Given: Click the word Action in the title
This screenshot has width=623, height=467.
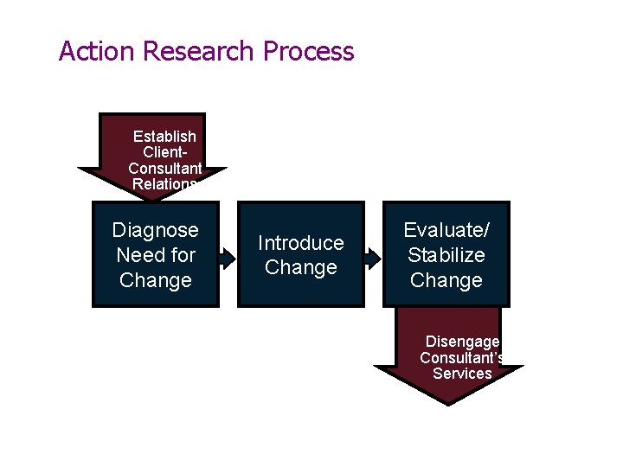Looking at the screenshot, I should pos(97,51).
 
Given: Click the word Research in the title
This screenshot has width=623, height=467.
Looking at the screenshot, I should pos(198,51).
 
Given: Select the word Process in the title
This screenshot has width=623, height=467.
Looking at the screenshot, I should pos(308,51).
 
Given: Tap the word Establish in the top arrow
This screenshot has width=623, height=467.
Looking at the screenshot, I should pos(164,137).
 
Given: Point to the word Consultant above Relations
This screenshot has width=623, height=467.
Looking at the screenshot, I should pos(164,168).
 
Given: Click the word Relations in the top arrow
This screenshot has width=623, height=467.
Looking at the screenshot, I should pos(164,183).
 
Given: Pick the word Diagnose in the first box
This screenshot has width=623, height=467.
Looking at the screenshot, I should pos(156,230).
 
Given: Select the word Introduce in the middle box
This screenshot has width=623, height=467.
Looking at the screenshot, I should pos(300,243).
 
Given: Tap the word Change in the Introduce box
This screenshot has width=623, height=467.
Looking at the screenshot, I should pos(300,268).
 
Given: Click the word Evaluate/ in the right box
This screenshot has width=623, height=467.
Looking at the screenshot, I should pos(446,230).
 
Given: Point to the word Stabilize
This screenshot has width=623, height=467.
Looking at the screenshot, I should pos(446,255).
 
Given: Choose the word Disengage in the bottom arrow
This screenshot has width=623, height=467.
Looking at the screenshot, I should pos(462,342).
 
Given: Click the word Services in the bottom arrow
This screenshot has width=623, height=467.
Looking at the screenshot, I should pos(462,374).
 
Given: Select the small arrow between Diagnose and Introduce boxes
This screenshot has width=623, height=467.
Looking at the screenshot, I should pos(228,257).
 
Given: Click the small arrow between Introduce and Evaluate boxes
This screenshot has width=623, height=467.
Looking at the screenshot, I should pos(373,257).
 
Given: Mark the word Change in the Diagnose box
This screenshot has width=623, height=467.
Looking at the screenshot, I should pos(156,280).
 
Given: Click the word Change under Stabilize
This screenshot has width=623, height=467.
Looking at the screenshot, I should pos(446,280).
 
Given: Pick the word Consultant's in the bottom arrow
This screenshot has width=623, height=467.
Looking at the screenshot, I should pos(462,357).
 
